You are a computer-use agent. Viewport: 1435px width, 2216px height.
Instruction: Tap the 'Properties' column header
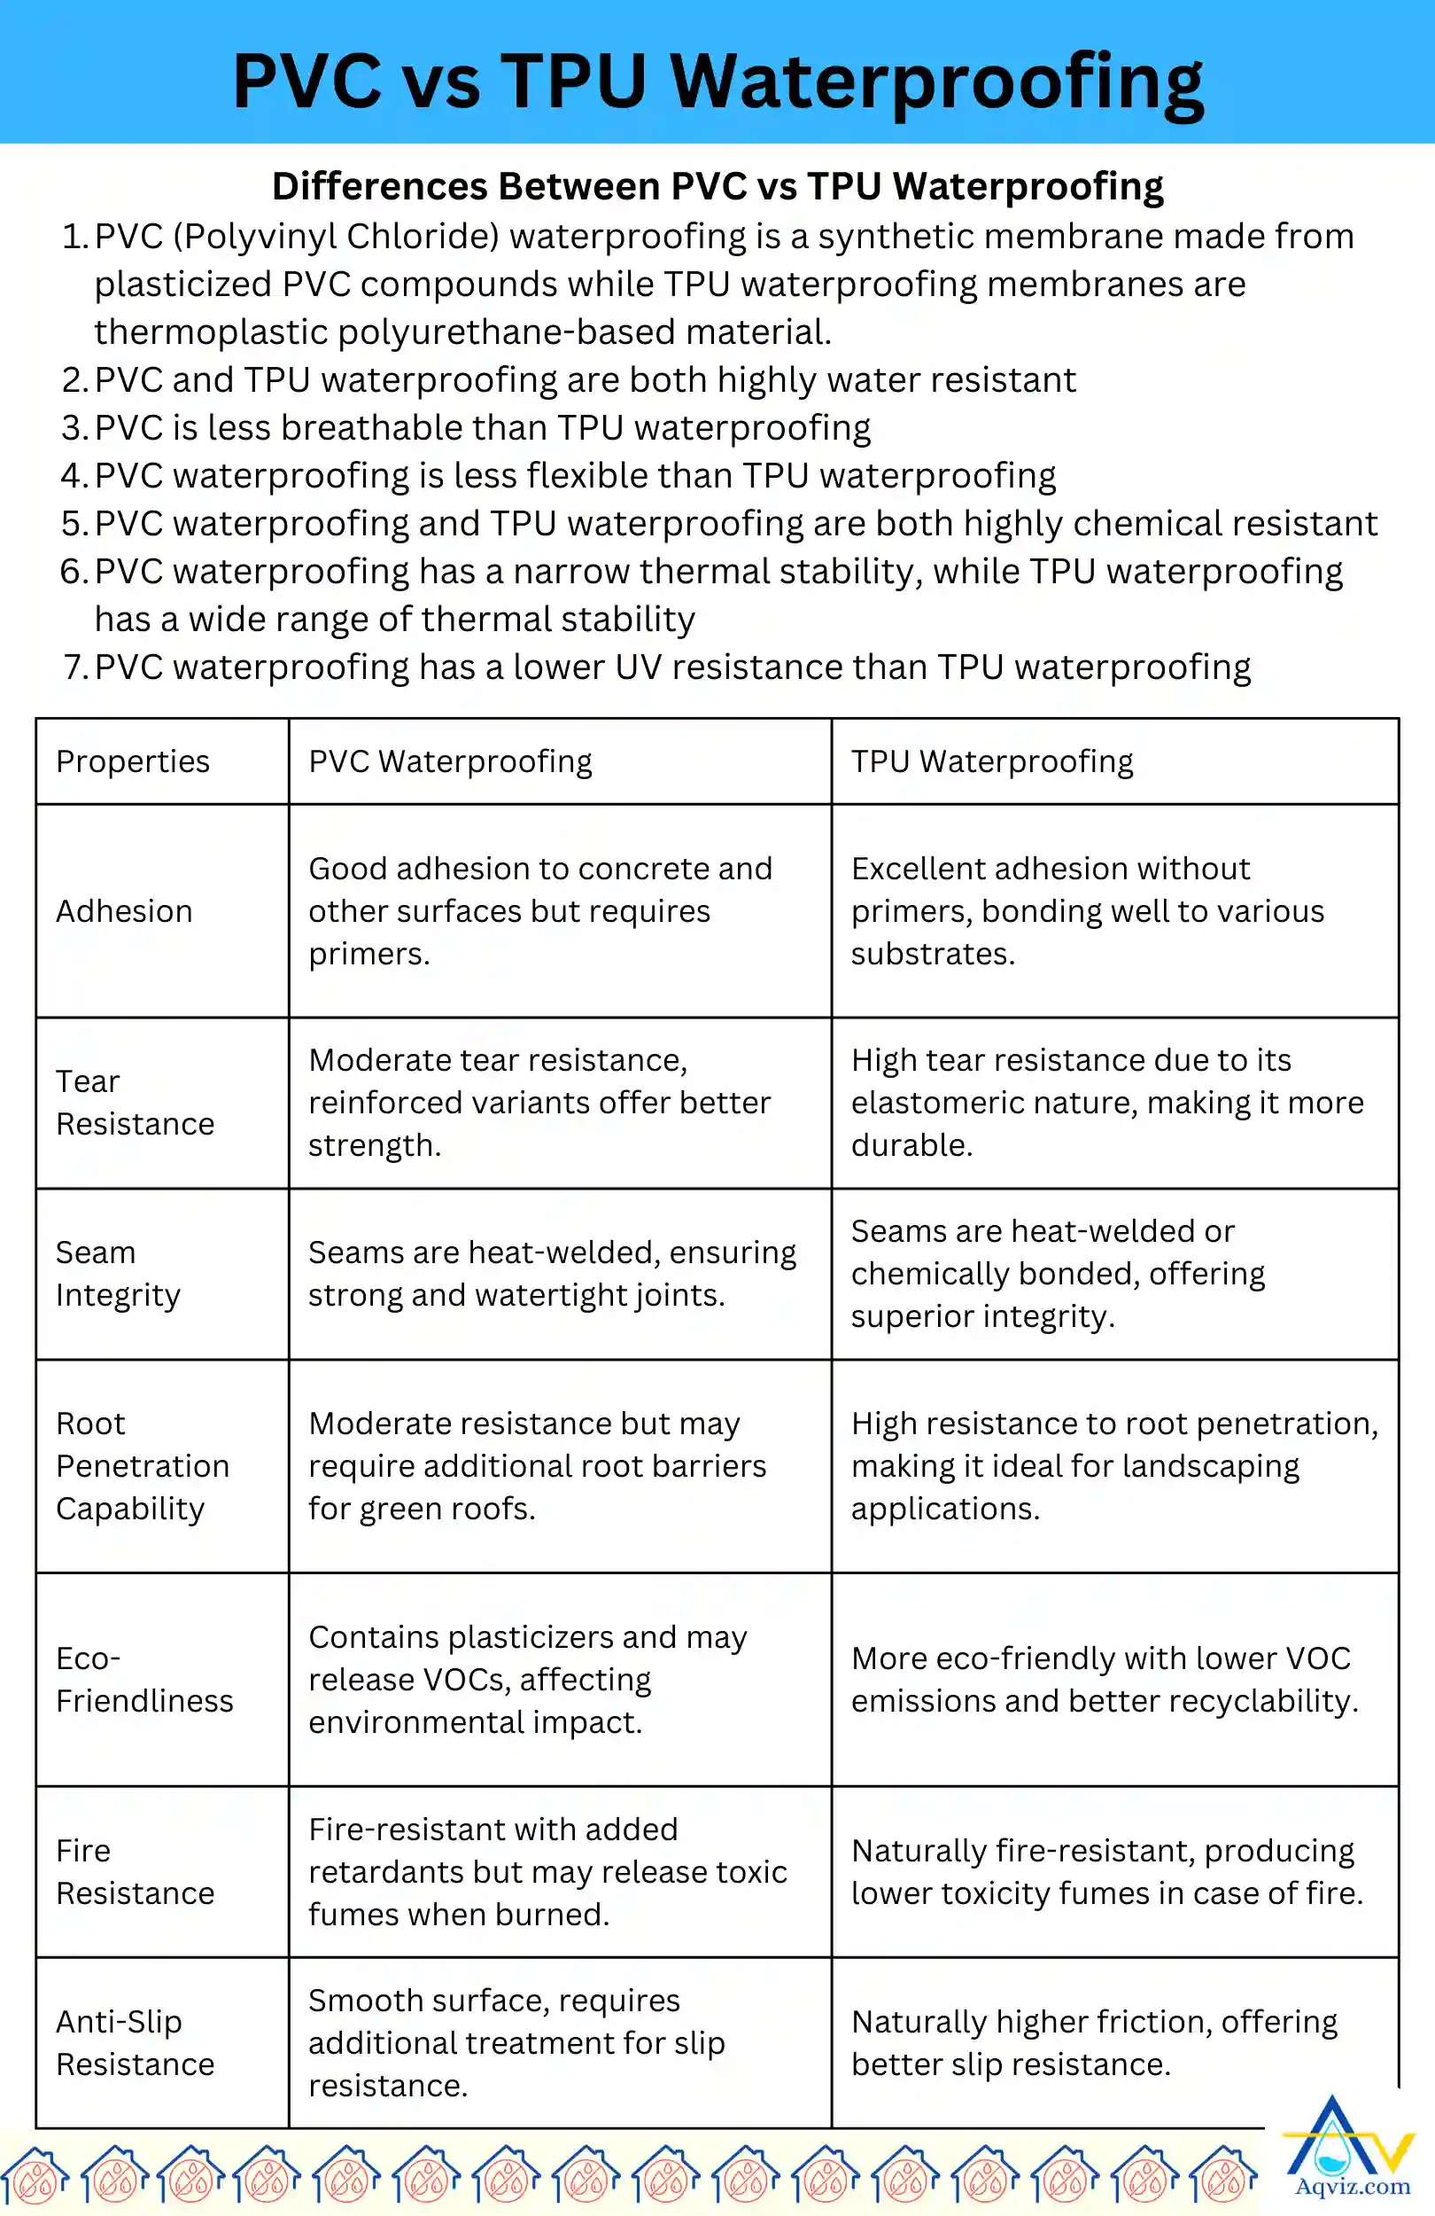click(x=133, y=761)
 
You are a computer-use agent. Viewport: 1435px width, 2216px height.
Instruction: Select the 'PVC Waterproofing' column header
click(x=450, y=761)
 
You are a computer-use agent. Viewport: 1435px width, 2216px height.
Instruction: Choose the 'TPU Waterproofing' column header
click(x=992, y=761)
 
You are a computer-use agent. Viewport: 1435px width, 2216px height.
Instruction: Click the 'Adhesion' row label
click(x=125, y=910)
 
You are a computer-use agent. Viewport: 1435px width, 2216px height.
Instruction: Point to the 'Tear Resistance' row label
click(x=135, y=1103)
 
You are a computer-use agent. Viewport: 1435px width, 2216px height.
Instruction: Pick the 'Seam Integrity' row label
click(x=118, y=1274)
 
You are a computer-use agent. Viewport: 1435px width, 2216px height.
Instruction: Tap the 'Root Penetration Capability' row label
click(x=143, y=1465)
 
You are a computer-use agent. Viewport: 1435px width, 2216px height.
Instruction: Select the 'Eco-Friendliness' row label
click(x=144, y=1680)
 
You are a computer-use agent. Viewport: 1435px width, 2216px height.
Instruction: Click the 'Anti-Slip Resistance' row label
click(x=135, y=2043)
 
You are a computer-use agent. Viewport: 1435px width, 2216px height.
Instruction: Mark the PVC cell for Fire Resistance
click(x=547, y=1871)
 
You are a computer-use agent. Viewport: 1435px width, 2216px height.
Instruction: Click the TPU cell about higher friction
click(x=1094, y=2043)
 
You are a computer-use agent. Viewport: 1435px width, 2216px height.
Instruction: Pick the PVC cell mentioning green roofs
click(x=537, y=1465)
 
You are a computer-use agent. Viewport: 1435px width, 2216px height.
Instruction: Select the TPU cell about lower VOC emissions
click(x=1105, y=1680)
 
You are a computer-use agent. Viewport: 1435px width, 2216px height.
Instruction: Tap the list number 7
click(x=74, y=667)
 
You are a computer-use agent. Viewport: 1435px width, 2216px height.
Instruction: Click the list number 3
click(x=74, y=428)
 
